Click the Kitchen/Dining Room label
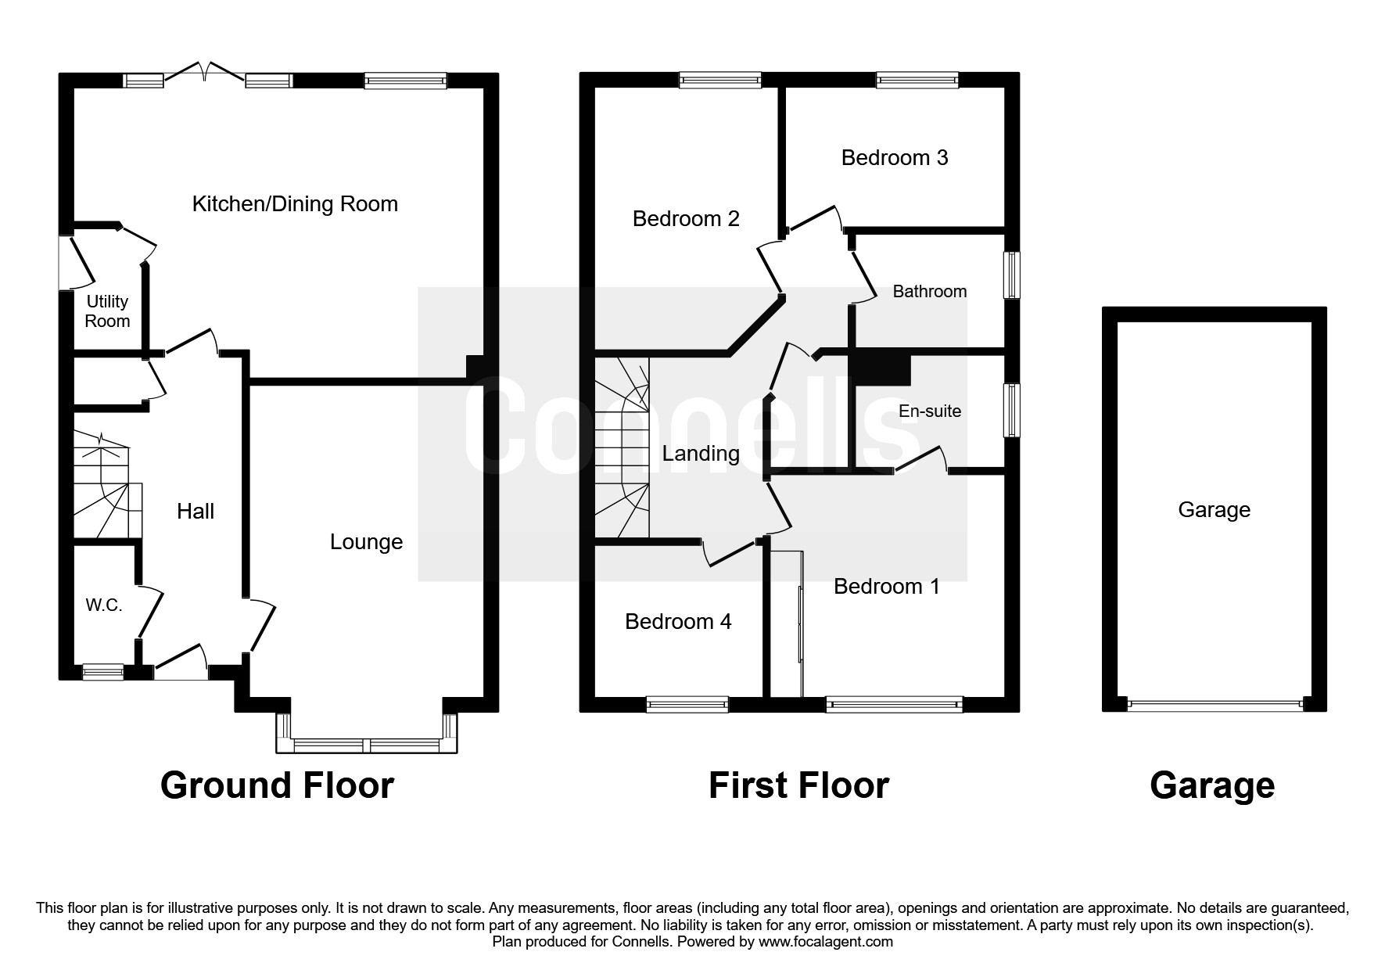click(x=295, y=204)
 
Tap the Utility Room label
click(x=107, y=311)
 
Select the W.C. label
click(x=104, y=605)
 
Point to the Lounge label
click(x=366, y=542)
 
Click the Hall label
click(x=196, y=512)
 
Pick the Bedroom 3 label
click(x=895, y=158)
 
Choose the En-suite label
click(x=930, y=411)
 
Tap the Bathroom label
click(x=930, y=292)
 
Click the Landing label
click(x=701, y=454)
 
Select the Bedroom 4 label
click(x=678, y=622)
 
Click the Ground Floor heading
click(x=277, y=785)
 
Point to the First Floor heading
click(x=798, y=785)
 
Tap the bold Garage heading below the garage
click(x=1212, y=785)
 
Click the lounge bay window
click(x=366, y=745)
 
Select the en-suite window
click(x=1012, y=410)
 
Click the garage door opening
click(x=1215, y=705)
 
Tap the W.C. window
click(x=103, y=671)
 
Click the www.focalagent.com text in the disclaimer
click(x=826, y=942)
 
